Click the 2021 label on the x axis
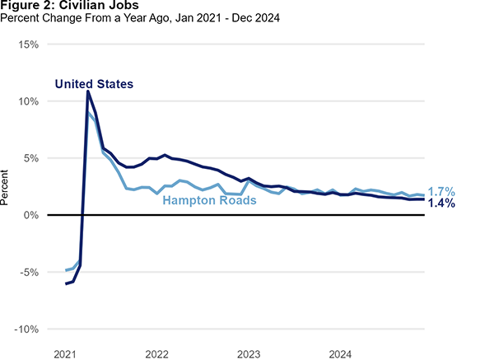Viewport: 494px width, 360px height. pyautogui.click(x=65, y=353)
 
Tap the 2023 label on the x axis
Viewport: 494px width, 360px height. pyautogui.click(x=249, y=353)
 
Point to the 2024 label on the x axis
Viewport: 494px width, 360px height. pyautogui.click(x=340, y=353)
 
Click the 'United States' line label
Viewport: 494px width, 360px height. pyautogui.click(x=94, y=84)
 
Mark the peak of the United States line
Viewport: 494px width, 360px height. pyautogui.click(x=88, y=91)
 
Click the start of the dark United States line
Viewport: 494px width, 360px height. pyautogui.click(x=65, y=283)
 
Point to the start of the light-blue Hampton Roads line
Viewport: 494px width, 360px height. pyautogui.click(x=65, y=270)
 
